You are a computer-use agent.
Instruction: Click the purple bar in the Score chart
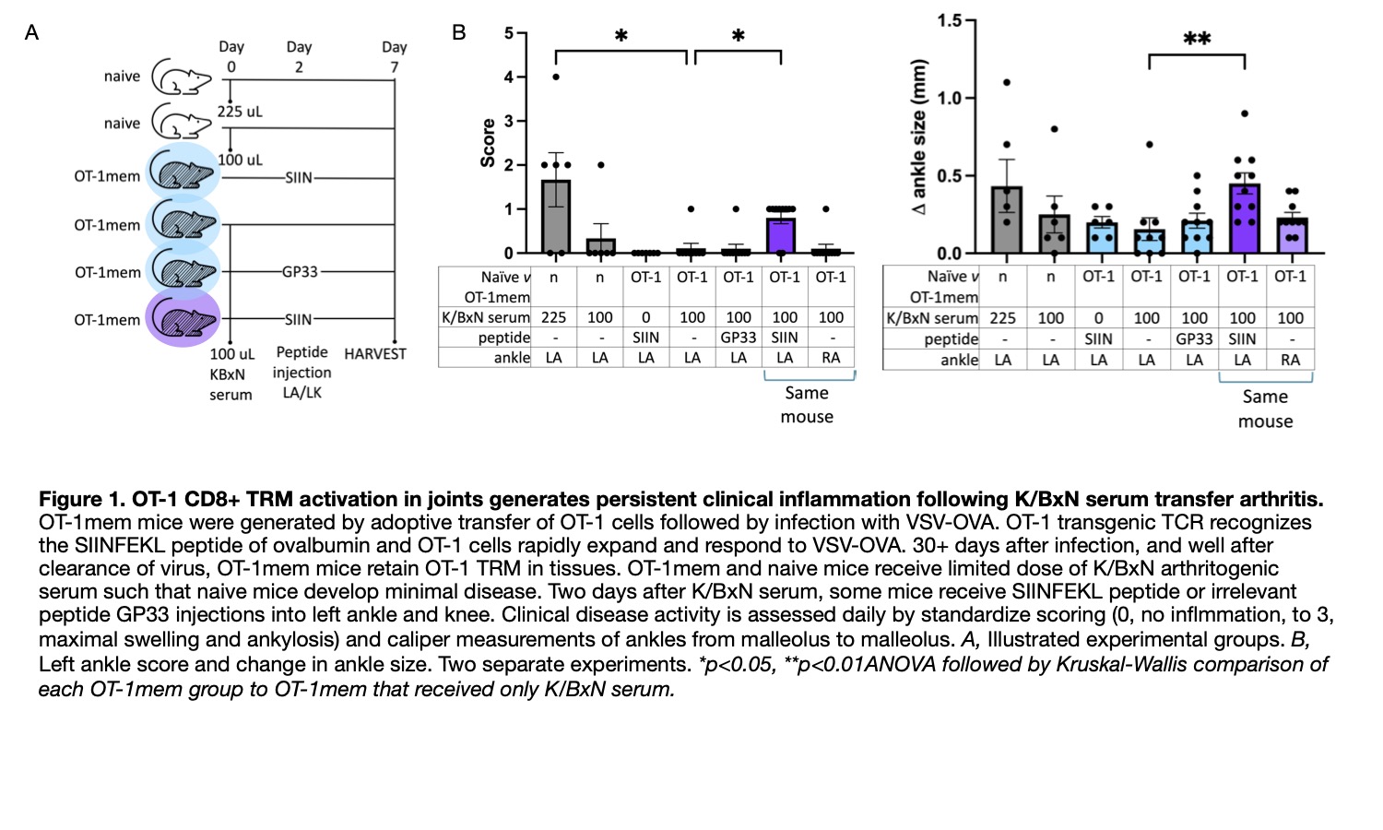click(781, 235)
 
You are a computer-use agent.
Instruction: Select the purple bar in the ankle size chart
click(1244, 219)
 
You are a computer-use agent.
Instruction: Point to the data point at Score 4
click(555, 77)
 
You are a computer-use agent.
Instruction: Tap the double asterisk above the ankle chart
click(1197, 40)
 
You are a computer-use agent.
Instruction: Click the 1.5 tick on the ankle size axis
click(949, 20)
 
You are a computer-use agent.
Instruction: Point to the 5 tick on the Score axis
click(509, 33)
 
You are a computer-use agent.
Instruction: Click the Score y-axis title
click(488, 143)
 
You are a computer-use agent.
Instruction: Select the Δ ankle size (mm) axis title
click(918, 136)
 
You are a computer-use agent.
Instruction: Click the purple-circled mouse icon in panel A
click(183, 319)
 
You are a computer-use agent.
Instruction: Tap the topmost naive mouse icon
click(181, 77)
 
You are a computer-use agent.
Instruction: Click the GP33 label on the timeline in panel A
click(300, 272)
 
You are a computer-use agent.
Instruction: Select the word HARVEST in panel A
click(375, 354)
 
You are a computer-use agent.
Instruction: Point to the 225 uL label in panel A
click(240, 112)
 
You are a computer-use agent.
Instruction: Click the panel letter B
click(459, 33)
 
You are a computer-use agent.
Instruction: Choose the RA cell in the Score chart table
click(831, 358)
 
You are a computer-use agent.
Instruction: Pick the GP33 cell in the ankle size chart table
click(1194, 338)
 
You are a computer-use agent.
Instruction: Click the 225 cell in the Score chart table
click(553, 317)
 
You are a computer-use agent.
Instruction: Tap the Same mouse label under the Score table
click(807, 405)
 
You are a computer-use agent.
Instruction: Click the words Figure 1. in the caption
click(81, 499)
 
